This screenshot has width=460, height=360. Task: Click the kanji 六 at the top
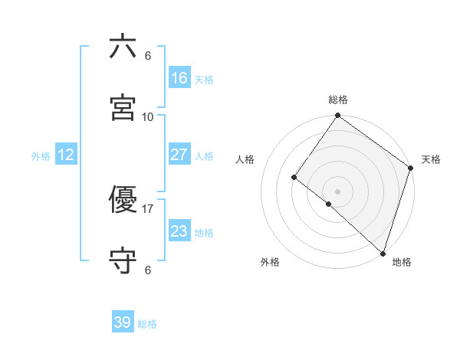(123, 47)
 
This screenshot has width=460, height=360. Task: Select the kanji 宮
(123, 108)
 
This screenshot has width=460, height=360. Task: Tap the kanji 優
(123, 200)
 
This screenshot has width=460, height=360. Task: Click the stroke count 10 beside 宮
(148, 116)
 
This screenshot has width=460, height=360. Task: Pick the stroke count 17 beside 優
(148, 208)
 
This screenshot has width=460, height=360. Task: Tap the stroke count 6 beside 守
(148, 270)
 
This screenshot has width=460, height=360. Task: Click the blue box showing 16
(179, 78)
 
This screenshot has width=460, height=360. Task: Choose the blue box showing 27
(179, 155)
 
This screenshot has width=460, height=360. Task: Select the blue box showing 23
(179, 231)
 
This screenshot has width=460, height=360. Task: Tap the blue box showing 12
(66, 155)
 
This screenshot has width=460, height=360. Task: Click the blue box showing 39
(123, 322)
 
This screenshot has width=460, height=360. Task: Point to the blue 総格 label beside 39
(147, 324)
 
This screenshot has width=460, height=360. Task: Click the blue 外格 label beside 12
(41, 156)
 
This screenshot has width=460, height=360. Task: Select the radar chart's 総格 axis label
(338, 100)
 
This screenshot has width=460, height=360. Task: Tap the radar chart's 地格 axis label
(402, 262)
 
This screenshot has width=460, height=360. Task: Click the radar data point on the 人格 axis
(294, 177)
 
